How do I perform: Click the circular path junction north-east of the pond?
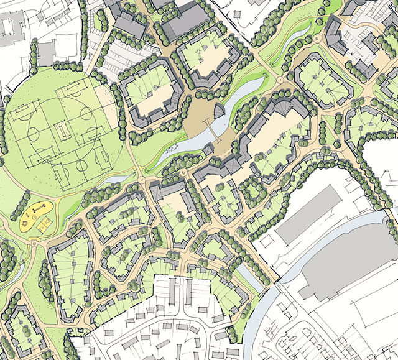(x=287, y=80)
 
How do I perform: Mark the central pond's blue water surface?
(x=187, y=147)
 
